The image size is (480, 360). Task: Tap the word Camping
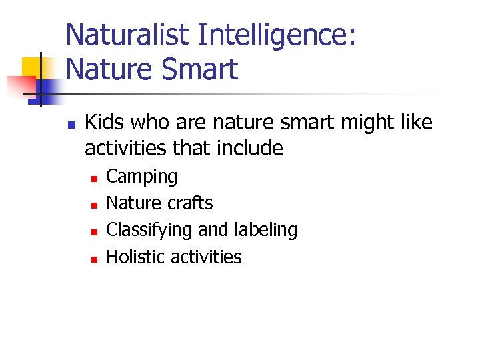tap(142, 177)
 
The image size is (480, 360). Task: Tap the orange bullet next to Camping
tap(95, 178)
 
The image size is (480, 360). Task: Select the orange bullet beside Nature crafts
tap(95, 205)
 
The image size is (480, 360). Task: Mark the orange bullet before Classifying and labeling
tap(95, 231)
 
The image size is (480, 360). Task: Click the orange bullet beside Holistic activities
tap(95, 259)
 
